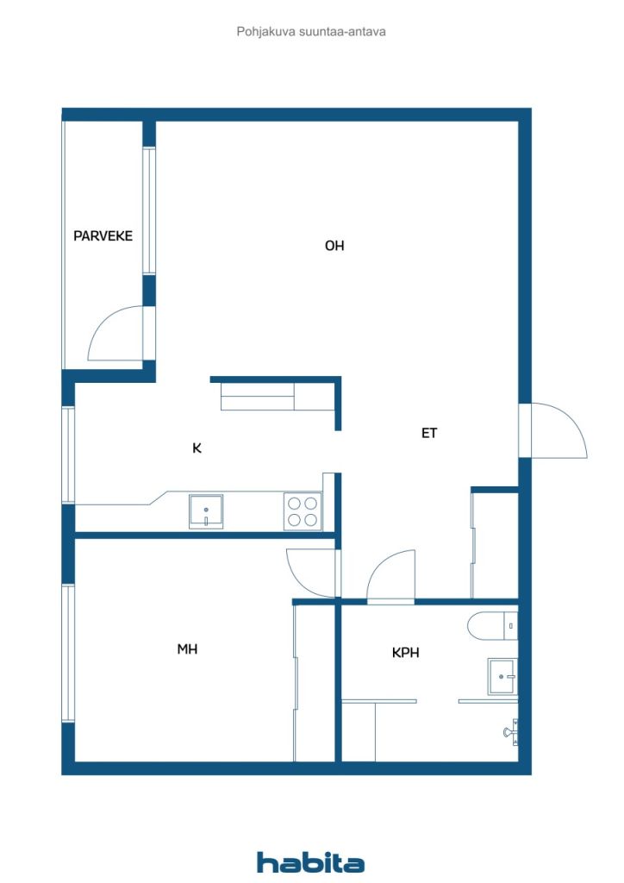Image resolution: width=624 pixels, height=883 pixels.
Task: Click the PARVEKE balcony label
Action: [103, 235]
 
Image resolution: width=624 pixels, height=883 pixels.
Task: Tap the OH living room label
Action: [334, 246]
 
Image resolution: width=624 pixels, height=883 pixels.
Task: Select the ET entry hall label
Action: [429, 434]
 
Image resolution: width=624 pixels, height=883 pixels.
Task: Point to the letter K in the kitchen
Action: [197, 448]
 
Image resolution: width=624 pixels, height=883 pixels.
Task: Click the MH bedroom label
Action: [187, 649]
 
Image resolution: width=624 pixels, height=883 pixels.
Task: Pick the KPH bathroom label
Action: [405, 653]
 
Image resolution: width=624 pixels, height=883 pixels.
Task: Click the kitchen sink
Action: [206, 511]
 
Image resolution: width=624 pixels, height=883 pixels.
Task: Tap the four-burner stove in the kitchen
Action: [303, 511]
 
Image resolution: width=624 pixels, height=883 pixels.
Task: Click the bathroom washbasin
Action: [502, 675]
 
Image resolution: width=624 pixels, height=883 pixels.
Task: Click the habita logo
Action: [310, 862]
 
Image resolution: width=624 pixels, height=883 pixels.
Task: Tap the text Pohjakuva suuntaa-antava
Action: [311, 31]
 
